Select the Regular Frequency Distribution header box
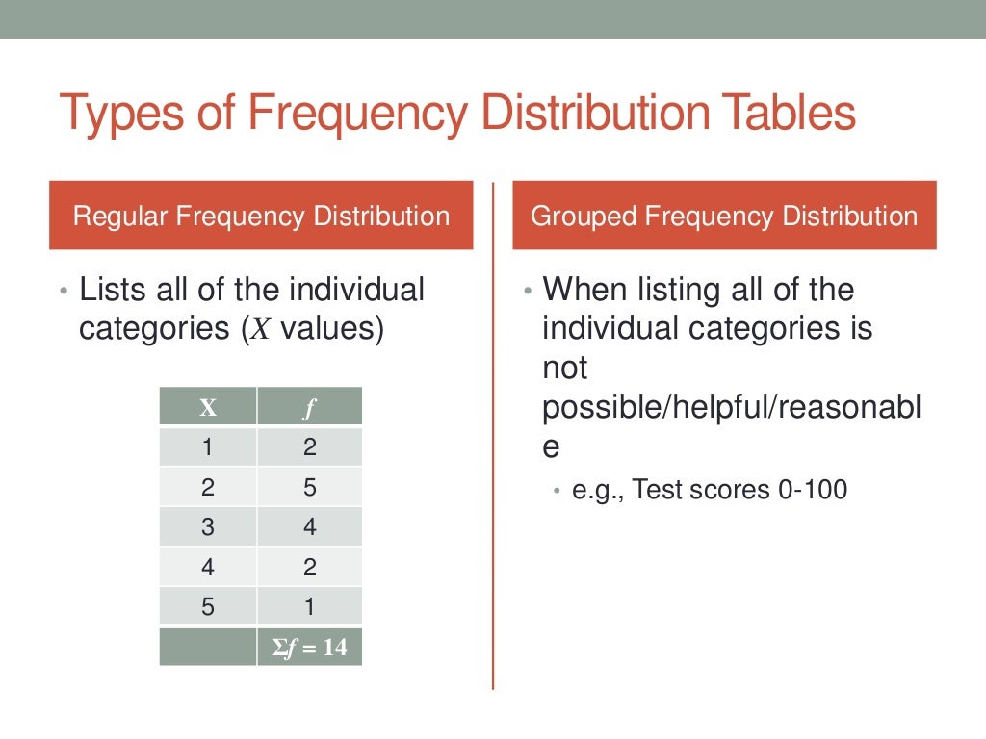click(261, 216)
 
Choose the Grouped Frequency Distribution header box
click(724, 216)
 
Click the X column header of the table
click(207, 407)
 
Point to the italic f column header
click(309, 407)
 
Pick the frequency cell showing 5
click(309, 488)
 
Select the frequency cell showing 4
click(309, 527)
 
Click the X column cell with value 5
click(207, 607)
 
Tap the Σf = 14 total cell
click(309, 648)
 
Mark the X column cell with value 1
click(207, 447)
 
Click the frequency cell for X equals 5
click(309, 607)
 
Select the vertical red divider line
click(493, 433)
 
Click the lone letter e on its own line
click(551, 448)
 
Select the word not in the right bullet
click(564, 369)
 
